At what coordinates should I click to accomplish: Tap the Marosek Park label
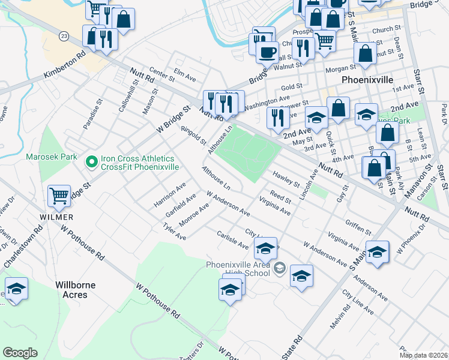click(52, 157)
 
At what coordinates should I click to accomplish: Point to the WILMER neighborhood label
click(57, 217)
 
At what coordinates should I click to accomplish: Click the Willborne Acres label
click(79, 290)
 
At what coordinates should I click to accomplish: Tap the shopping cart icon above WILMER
click(59, 196)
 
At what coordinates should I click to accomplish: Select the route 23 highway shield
click(64, 37)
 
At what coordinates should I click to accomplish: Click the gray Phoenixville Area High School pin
click(279, 268)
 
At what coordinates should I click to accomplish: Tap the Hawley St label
click(286, 178)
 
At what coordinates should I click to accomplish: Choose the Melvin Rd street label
click(340, 317)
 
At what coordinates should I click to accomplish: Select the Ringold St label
click(193, 135)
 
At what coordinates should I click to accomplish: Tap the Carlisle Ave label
click(232, 241)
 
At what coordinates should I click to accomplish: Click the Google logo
click(20, 353)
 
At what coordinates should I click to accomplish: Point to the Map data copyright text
click(424, 355)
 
